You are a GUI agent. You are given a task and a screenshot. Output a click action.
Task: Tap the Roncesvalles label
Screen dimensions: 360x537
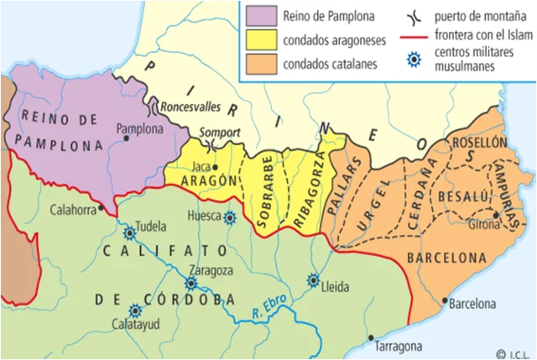tap(189, 107)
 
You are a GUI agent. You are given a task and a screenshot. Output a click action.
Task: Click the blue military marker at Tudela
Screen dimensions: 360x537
tap(130, 233)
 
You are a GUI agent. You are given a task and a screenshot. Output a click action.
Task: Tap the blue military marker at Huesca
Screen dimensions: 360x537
tap(229, 217)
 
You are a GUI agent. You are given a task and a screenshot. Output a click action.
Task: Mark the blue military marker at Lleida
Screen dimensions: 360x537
tap(314, 280)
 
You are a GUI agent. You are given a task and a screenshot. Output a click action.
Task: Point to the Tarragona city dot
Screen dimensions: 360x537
tap(371, 338)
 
